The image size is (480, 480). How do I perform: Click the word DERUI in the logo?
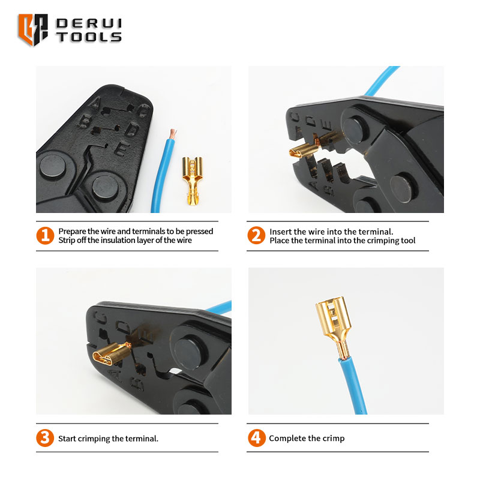(89, 23)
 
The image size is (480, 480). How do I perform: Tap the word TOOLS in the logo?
(89, 37)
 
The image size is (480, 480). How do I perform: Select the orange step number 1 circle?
(45, 235)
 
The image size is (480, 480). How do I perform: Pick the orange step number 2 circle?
(256, 235)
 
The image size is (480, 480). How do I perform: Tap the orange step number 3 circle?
(45, 438)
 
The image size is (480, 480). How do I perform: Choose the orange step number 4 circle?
(257, 438)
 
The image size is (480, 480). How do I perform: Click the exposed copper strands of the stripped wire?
(173, 133)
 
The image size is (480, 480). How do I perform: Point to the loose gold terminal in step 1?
(193, 181)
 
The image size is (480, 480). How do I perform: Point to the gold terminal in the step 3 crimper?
(112, 353)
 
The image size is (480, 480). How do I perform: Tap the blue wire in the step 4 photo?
(353, 386)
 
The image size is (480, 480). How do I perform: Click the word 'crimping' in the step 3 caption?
(94, 439)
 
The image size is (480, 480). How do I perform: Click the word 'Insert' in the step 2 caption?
(280, 232)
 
